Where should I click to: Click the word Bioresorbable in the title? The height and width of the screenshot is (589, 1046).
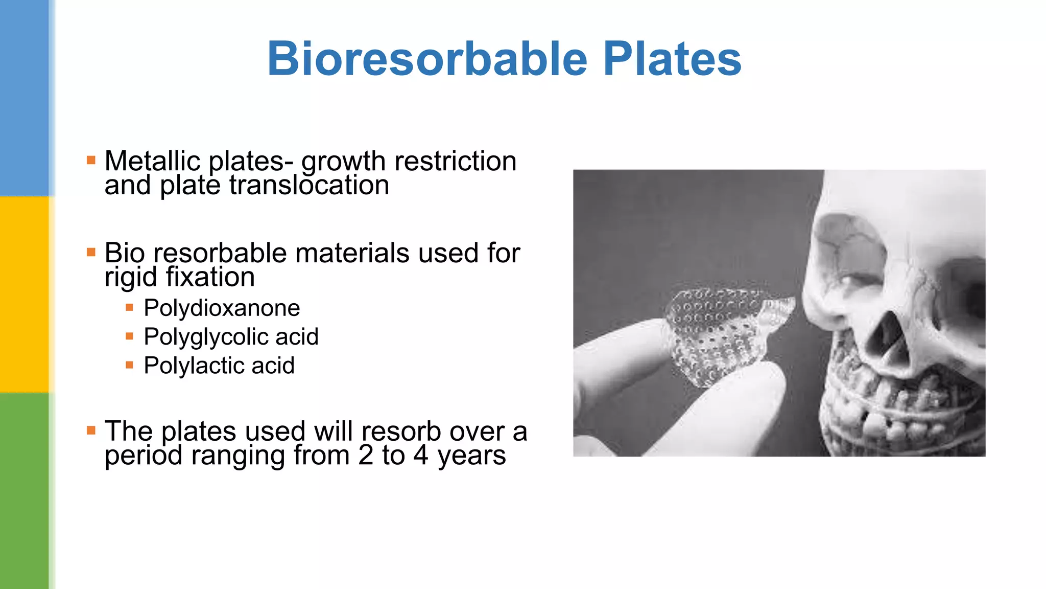(427, 59)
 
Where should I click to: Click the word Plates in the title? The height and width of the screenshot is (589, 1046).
(672, 59)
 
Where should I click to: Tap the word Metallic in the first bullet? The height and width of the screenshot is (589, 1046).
(152, 161)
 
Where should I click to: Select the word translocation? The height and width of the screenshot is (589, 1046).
(309, 185)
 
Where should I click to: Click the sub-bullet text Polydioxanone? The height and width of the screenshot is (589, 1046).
(222, 308)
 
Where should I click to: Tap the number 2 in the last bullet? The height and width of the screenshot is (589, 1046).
(366, 455)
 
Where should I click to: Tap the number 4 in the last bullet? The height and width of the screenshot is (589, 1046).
(420, 455)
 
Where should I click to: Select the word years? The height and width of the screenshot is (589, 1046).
(471, 456)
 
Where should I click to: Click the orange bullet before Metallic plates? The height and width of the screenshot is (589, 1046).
(91, 161)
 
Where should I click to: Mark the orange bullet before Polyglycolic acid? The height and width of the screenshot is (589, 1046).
(130, 336)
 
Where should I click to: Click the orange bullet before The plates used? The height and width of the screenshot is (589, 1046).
(91, 431)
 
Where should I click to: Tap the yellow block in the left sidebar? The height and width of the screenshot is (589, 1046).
(25, 294)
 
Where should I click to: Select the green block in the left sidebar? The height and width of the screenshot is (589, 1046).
(25, 491)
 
